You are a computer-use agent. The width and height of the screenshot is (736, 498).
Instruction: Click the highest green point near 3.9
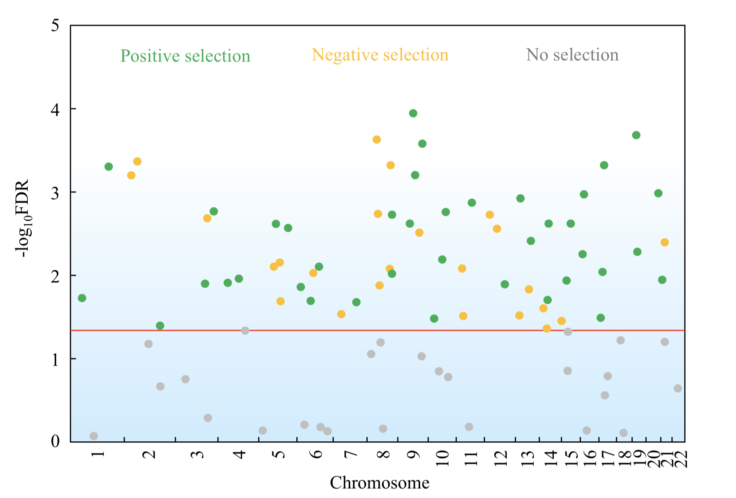pos(413,113)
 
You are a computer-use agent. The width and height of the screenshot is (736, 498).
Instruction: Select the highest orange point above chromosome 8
pos(377,140)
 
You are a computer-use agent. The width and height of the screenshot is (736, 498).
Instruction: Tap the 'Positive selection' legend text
pos(185,56)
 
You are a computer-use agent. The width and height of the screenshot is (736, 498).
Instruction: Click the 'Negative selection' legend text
pos(380,55)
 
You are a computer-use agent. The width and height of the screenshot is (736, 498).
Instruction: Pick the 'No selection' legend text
pos(572,55)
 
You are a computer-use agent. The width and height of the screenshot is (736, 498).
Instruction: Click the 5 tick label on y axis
pos(55,26)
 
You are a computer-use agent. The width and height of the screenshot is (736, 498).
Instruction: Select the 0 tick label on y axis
pos(55,441)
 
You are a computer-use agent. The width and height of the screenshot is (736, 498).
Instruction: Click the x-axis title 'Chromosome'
pos(380,483)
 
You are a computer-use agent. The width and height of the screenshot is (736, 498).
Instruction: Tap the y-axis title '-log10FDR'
pos(23,218)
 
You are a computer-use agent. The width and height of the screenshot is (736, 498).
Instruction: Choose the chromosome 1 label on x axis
pos(98,454)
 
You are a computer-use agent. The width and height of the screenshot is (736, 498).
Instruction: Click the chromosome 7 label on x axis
pos(351,454)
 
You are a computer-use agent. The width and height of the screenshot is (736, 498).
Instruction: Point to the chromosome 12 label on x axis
pos(501,458)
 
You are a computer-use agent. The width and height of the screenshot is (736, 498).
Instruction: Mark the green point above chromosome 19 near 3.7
pos(636,135)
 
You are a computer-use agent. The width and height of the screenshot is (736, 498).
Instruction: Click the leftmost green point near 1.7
pos(82,298)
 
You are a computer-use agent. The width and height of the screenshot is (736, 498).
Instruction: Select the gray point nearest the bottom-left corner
pos(94,436)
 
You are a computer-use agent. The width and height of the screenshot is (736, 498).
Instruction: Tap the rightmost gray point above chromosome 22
pos(678,389)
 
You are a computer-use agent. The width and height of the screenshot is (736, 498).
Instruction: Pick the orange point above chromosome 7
pos(341,314)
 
